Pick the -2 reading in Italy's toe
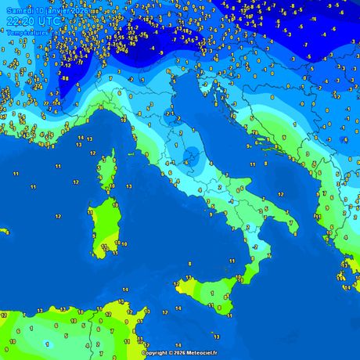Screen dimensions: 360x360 tap(255, 247)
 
